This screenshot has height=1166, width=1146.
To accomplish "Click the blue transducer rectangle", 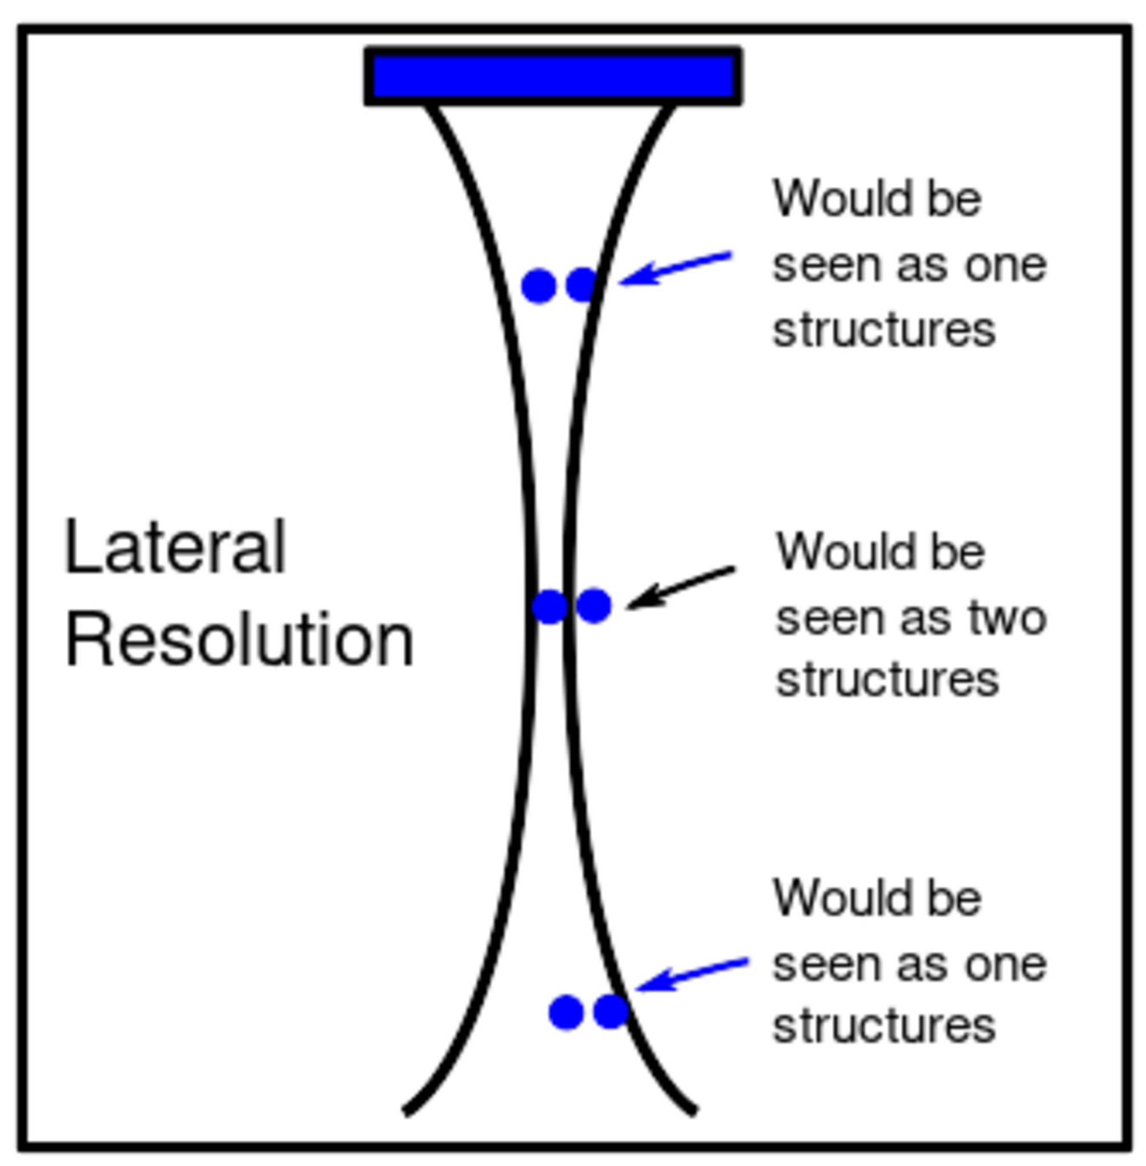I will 552,76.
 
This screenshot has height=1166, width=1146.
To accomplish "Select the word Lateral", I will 174,547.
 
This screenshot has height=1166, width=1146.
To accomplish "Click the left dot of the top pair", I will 538,286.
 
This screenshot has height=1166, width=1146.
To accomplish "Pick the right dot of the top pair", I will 582,285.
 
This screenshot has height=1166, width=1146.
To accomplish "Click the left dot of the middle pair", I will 550,606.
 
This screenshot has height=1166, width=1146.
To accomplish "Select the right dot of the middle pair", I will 594,605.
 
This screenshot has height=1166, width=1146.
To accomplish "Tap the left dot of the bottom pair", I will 566,1011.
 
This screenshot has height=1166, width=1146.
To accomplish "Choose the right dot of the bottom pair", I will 611,1011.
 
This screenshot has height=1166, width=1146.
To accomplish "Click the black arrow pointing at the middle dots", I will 680,587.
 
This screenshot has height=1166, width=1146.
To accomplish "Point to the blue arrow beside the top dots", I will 675,268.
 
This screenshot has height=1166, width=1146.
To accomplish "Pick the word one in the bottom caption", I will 1006,964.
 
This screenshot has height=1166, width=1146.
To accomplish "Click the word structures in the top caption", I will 884,330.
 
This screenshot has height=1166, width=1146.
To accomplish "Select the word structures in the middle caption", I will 888,680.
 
